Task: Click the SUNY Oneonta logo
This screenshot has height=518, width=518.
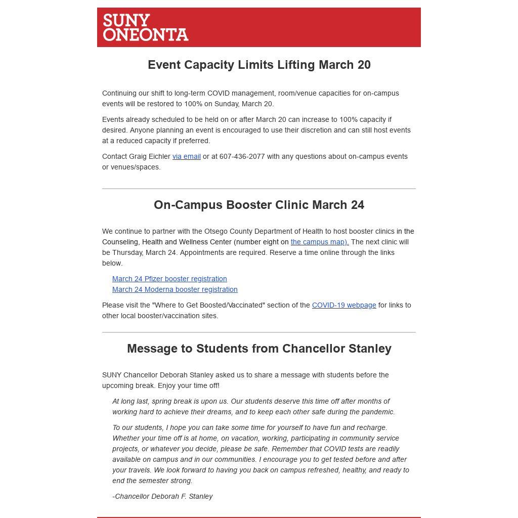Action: pos(146,27)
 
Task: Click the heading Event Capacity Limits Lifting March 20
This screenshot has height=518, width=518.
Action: pos(259,65)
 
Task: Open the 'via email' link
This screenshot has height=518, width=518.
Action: pos(187,156)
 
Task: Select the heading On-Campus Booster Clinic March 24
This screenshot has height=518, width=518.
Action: pos(259,205)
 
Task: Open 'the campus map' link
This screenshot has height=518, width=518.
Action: pos(320,242)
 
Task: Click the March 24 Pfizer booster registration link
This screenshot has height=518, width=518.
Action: pos(169,279)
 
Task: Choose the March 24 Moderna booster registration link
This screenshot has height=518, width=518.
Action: pos(175,289)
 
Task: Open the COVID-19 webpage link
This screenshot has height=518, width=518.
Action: pos(344,305)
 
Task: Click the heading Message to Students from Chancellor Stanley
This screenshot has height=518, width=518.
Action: pos(259,349)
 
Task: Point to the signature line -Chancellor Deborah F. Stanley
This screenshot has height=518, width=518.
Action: pos(162,496)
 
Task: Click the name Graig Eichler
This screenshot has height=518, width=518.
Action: pos(150,156)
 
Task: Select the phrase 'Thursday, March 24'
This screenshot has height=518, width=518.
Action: pos(144,252)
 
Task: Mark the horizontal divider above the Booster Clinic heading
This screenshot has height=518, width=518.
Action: pos(259,189)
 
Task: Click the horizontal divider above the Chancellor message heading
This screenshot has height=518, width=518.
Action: pos(259,332)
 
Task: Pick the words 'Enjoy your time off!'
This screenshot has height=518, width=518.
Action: pos(189,385)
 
